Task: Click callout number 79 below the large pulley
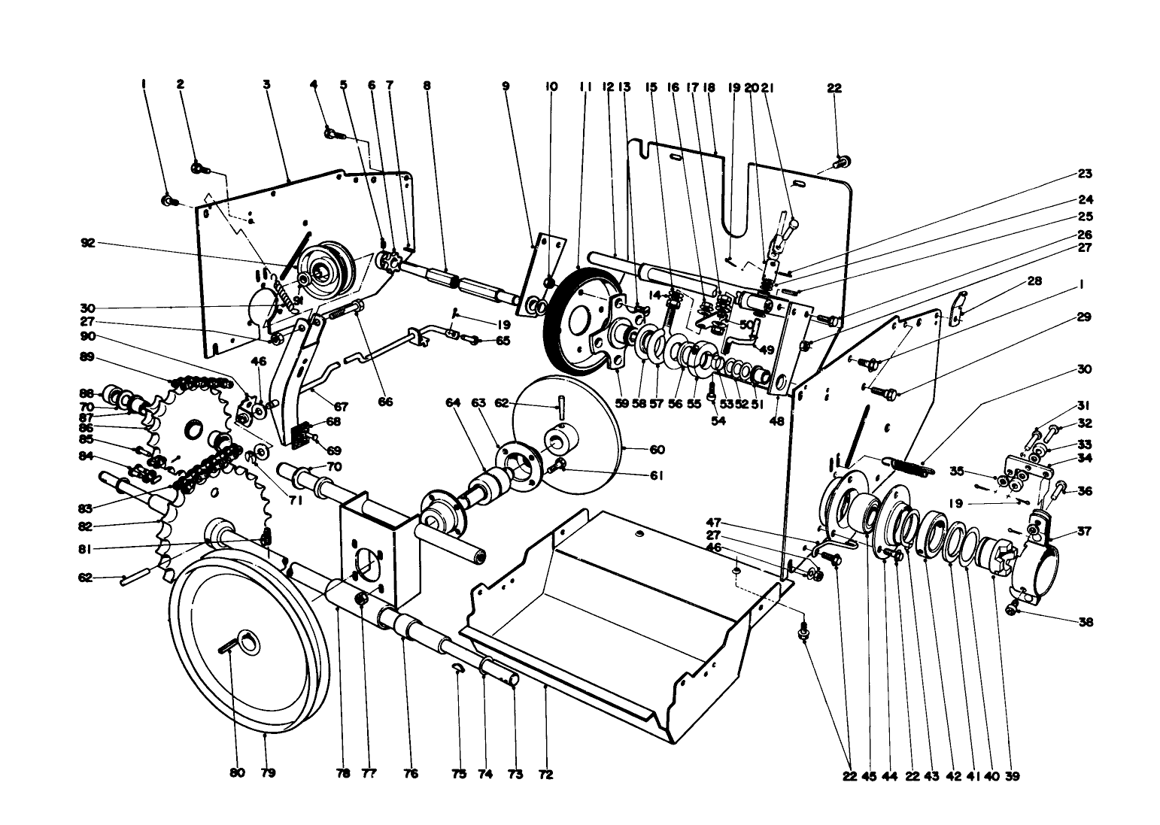click(x=267, y=773)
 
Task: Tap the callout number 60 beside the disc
click(x=657, y=450)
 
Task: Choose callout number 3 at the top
click(x=266, y=86)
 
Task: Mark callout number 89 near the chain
click(x=87, y=357)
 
